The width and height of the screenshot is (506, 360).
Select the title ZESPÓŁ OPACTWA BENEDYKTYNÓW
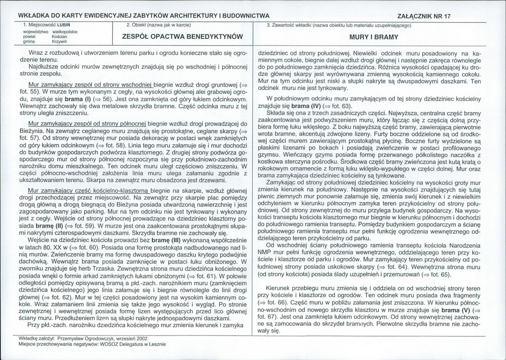(x=181, y=37)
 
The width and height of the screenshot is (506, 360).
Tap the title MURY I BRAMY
(x=374, y=37)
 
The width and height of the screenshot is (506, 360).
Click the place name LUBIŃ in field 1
(x=65, y=25)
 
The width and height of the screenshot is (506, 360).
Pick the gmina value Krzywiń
(x=60, y=41)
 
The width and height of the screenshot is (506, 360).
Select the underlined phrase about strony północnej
(x=86, y=124)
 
